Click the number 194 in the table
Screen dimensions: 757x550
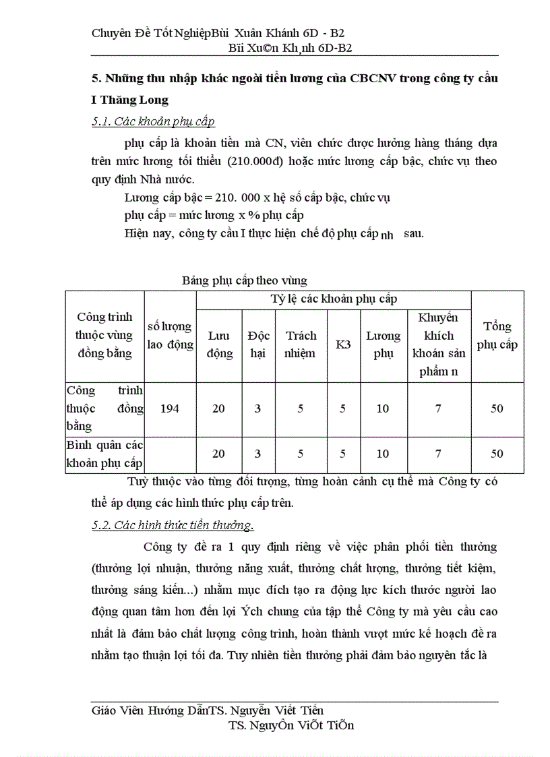pos(170,408)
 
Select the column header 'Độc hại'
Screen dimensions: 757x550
pos(257,344)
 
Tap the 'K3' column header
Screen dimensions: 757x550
pos(343,344)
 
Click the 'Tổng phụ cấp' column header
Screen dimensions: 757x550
pos(497,335)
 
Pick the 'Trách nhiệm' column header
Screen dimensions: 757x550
pos(301,344)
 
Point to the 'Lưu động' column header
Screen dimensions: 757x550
pos(219,344)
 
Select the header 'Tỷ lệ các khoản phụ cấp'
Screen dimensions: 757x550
pos(334,299)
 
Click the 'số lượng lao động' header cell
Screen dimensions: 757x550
pos(170,336)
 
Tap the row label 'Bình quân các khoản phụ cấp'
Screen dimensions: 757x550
pos(104,454)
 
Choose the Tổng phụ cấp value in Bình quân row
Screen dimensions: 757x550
pos(497,454)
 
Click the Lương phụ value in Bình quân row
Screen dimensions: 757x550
pos(383,454)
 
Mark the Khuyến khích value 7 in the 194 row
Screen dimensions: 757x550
pos(438,408)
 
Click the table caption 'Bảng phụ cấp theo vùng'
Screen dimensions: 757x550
pos(244,280)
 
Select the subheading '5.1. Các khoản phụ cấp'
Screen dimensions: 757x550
pos(153,122)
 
